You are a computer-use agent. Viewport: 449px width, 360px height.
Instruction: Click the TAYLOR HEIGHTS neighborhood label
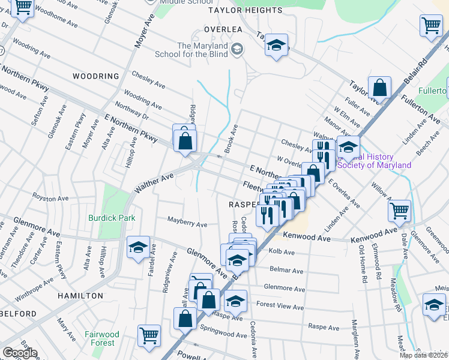[245, 10]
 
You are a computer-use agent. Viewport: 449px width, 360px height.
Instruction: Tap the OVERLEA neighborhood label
[222, 29]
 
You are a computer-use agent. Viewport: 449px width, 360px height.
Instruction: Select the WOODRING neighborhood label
[95, 76]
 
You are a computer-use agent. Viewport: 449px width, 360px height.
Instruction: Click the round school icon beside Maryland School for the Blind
[238, 48]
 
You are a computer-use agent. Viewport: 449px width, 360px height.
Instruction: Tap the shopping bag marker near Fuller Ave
[380, 88]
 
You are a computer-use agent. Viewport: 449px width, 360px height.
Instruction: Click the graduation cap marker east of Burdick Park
[138, 247]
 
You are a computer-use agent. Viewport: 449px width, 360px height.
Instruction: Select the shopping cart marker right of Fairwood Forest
[149, 335]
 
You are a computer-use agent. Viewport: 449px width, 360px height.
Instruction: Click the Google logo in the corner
[20, 353]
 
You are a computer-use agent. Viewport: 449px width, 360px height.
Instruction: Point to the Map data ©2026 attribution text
[423, 355]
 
